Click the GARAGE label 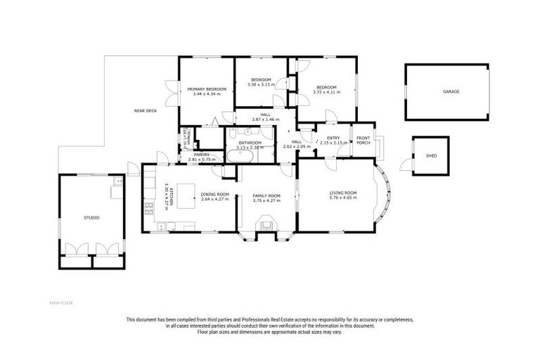[x=451, y=91]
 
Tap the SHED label [x=430, y=157]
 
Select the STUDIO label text [x=92, y=218]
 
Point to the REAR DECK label [x=146, y=110]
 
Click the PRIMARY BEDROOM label [x=206, y=89]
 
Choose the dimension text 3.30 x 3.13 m [x=260, y=84]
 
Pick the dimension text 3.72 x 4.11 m [x=326, y=92]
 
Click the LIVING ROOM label [x=344, y=193]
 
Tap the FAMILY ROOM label [x=266, y=195]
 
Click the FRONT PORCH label [x=364, y=140]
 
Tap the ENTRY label [x=333, y=138]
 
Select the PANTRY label [x=202, y=155]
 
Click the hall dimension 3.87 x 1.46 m [x=266, y=120]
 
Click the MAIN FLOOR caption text [x=60, y=303]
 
